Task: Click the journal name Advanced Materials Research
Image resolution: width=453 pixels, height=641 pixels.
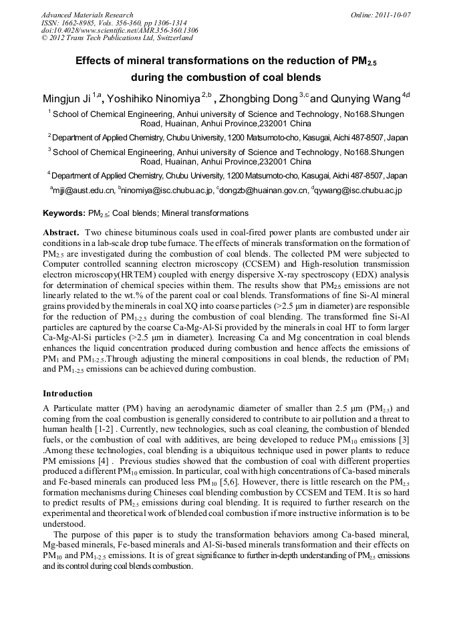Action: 87,15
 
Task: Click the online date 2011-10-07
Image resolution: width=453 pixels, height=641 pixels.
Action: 381,15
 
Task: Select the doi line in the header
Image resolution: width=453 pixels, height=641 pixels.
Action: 119,31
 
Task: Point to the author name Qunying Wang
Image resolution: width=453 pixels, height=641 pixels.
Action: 365,100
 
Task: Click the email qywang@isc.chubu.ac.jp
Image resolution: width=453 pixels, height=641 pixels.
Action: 359,191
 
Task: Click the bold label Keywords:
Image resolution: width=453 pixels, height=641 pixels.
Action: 63,213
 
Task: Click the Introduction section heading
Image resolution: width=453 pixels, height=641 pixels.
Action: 67,393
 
